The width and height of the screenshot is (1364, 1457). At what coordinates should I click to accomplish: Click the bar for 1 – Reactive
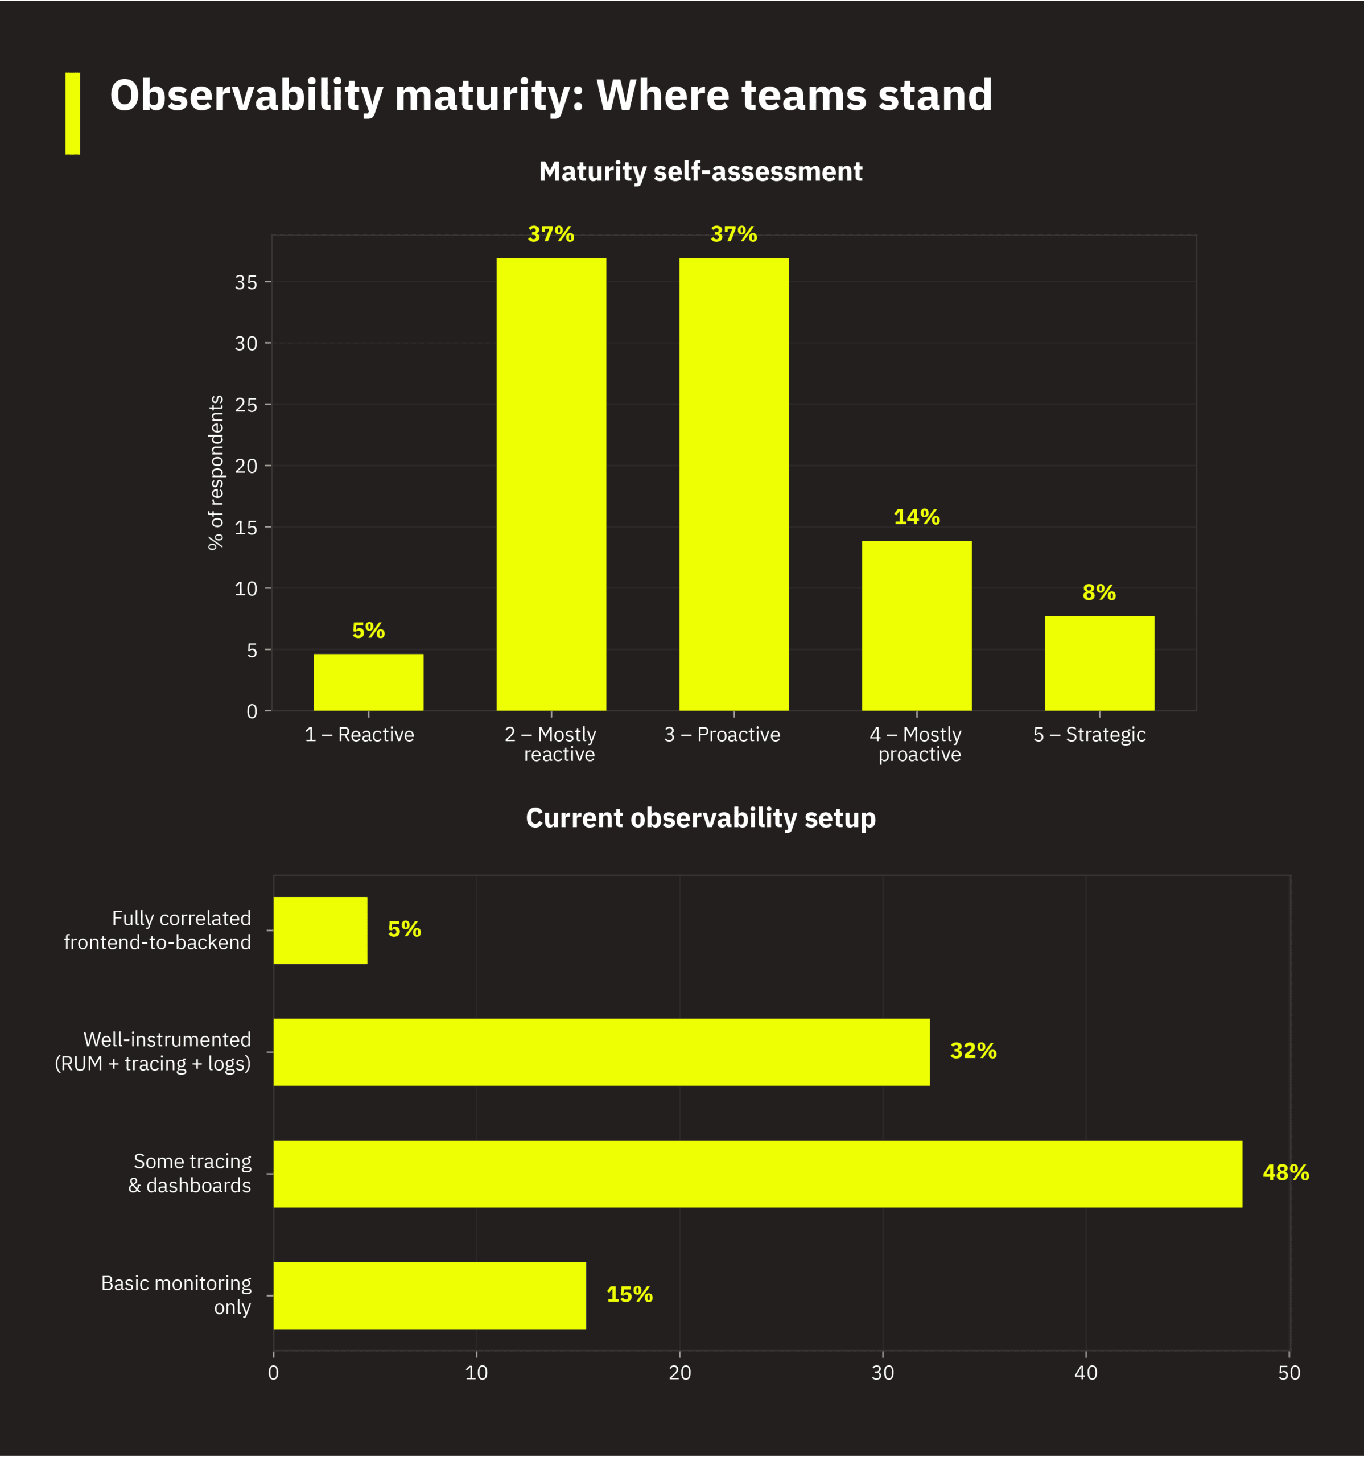click(368, 682)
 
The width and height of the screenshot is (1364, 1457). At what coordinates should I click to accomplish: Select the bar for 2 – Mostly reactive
click(551, 484)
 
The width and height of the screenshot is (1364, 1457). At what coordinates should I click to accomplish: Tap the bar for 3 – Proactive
click(733, 484)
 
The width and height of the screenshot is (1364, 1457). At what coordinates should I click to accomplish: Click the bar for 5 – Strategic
click(1099, 662)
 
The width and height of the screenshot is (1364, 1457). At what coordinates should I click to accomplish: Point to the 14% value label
click(916, 517)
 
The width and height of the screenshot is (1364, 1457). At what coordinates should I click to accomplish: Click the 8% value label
click(1099, 592)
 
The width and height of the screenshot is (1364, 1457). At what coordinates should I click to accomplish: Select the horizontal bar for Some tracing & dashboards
click(757, 1174)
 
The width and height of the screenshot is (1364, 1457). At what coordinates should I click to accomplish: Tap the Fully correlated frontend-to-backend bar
click(320, 930)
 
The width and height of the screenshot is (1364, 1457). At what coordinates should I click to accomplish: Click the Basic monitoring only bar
click(430, 1295)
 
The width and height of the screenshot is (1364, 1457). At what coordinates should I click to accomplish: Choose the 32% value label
click(972, 1050)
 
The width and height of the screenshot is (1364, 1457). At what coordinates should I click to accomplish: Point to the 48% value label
click(1285, 1172)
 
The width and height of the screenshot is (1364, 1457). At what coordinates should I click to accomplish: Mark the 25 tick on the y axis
click(246, 405)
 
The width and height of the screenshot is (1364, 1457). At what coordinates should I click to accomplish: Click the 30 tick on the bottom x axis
click(883, 1373)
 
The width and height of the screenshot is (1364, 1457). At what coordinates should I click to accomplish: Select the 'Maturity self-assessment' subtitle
click(700, 171)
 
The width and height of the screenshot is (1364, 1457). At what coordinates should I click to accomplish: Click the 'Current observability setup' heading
click(700, 818)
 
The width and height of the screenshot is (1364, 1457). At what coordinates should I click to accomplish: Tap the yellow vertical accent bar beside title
click(73, 114)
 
